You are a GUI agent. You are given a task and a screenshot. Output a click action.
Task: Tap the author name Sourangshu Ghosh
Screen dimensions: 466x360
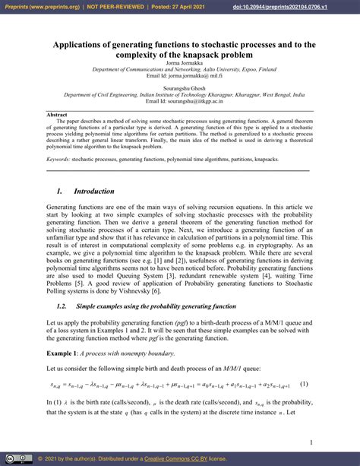(179, 87)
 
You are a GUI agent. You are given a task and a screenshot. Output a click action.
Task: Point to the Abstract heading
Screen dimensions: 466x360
(57, 114)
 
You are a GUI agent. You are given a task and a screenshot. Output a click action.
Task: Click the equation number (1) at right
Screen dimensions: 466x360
(303, 385)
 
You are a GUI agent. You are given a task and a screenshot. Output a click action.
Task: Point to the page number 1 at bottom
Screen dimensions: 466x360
(311, 442)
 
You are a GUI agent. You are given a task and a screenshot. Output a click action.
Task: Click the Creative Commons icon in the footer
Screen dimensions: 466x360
(10, 459)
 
